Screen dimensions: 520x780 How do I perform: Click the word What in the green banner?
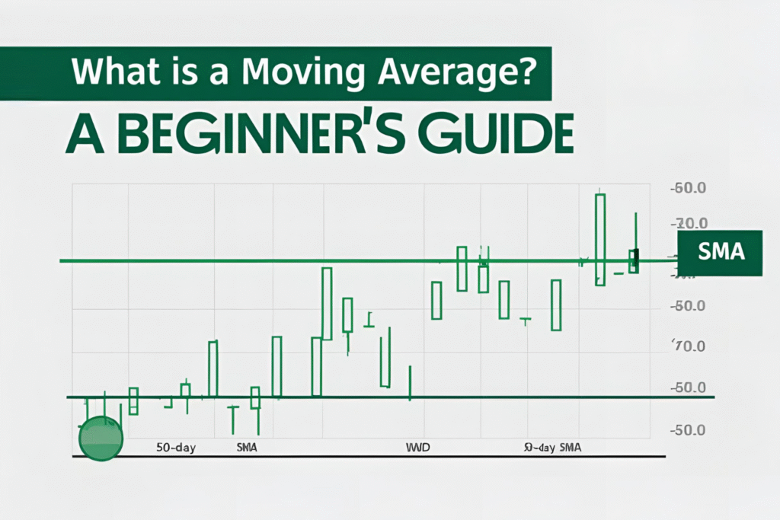point(113,75)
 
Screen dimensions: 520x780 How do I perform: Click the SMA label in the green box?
point(720,252)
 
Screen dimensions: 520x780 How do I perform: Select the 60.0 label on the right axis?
point(690,188)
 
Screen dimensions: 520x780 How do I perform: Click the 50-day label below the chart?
point(176,448)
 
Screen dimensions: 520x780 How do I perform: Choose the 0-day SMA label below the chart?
point(553,448)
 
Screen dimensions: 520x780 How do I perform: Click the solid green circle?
point(101,439)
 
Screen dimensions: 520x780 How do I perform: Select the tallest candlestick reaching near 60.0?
point(600,239)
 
